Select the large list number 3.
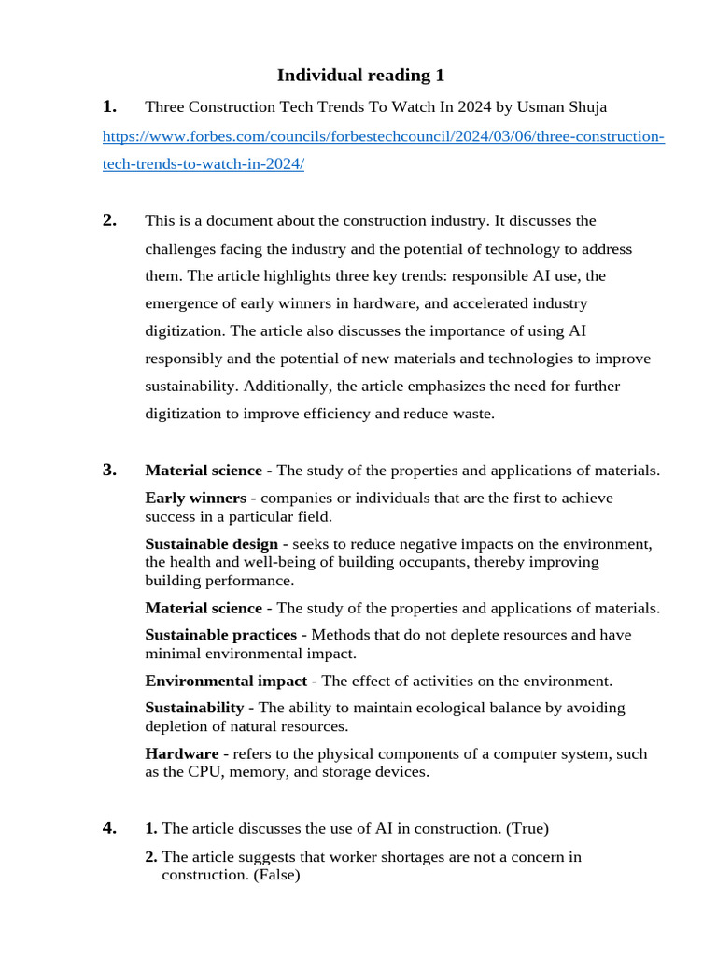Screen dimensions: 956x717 (x=109, y=470)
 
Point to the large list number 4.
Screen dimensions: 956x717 (x=109, y=827)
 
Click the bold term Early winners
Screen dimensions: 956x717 (x=193, y=499)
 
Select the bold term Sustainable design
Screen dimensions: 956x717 (x=211, y=544)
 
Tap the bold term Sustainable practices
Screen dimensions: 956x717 (x=220, y=635)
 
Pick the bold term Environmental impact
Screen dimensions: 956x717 (x=226, y=681)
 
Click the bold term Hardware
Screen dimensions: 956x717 (x=181, y=753)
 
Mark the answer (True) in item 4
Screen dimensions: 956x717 (x=525, y=828)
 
